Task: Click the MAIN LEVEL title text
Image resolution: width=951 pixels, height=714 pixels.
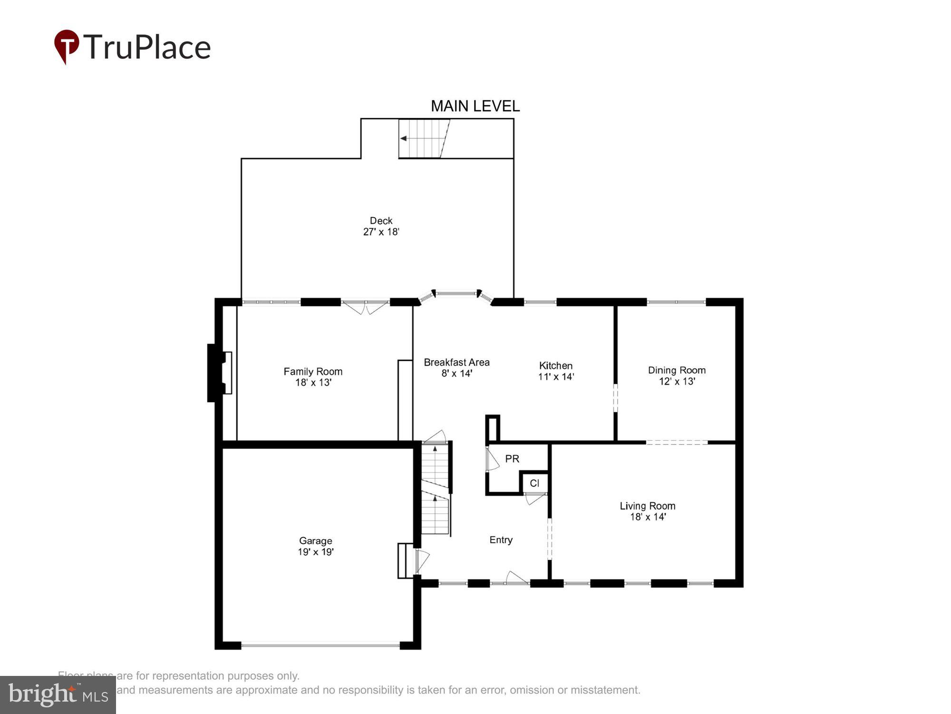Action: pos(475,106)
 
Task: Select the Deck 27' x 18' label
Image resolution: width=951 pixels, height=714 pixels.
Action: pos(381,227)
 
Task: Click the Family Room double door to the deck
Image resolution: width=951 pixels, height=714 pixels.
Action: pos(365,307)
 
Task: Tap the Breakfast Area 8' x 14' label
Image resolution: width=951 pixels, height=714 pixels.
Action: pos(456,368)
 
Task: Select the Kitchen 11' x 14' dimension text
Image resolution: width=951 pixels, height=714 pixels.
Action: pos(556,377)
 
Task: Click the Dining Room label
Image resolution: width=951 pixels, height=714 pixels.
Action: pos(676,370)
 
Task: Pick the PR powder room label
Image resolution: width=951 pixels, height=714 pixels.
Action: pos(512,459)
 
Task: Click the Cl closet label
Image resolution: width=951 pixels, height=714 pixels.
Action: pos(534,484)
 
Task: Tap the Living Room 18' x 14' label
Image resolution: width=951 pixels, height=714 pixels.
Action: pos(647,511)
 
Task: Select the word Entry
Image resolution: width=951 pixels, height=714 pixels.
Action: pos(501,540)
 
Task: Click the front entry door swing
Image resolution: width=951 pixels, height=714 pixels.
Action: pos(516,578)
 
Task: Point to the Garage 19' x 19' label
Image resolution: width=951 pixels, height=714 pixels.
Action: pos(316,546)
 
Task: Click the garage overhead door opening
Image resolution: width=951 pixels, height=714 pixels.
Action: pos(320,646)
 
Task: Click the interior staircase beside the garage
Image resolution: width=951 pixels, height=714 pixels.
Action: pos(436,490)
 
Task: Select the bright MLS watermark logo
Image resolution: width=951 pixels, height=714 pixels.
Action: pos(58,695)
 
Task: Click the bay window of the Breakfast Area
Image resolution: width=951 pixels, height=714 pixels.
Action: pos(456,294)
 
